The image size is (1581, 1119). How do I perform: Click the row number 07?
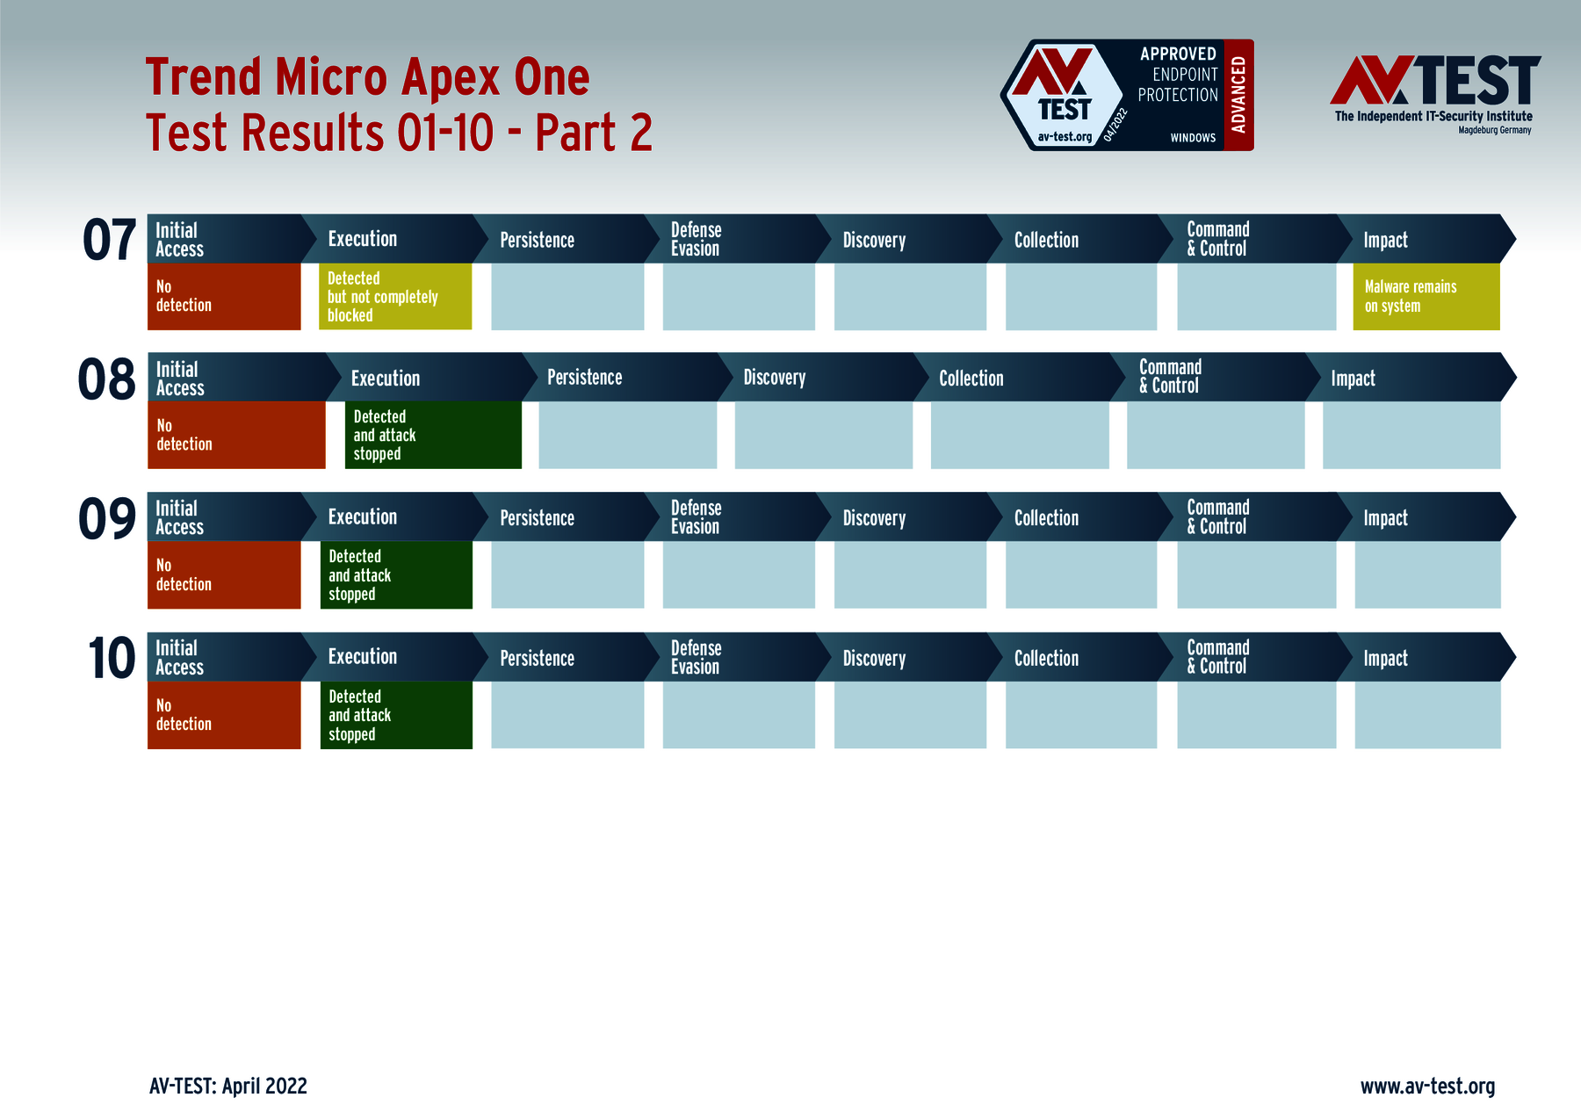point(110,240)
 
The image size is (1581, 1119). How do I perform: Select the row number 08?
point(106,379)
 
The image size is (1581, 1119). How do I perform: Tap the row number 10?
point(112,659)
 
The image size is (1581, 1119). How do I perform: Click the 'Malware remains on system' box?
point(1426,297)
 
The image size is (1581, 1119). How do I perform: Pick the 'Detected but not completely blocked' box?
point(395,297)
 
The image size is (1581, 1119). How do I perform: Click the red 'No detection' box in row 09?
point(224,574)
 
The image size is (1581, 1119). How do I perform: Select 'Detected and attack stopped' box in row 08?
point(433,435)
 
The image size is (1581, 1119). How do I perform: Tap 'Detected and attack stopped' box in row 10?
point(396,715)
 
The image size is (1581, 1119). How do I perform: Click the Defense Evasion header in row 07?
point(697,239)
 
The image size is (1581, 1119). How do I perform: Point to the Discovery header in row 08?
point(775,378)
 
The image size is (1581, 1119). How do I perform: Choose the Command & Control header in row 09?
point(1217,517)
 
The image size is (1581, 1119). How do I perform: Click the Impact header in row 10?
point(1385,658)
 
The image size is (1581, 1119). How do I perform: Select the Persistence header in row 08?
point(585,378)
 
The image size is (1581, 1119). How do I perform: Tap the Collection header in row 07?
point(1046,240)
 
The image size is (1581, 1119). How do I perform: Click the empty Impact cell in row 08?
point(1411,435)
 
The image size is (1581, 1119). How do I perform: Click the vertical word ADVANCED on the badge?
point(1238,95)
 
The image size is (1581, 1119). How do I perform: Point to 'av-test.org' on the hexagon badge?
point(1065,137)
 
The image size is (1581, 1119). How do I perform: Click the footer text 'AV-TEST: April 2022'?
point(228,1087)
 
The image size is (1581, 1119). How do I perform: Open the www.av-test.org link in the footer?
point(1427,1087)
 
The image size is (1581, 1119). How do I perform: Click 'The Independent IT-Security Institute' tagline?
point(1433,116)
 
